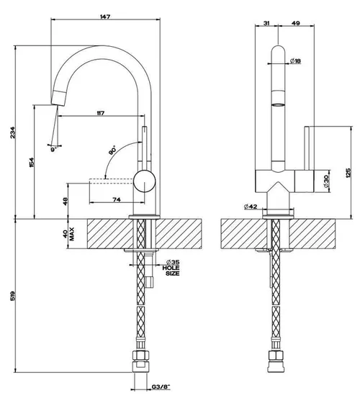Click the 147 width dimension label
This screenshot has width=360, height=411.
[x=105, y=17]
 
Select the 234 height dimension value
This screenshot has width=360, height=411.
[x=13, y=132]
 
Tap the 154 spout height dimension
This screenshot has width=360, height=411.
[x=32, y=163]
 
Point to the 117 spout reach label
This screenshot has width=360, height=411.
[x=101, y=113]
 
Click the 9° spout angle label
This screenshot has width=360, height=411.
[x=54, y=150]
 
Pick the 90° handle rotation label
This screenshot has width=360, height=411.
[x=112, y=150]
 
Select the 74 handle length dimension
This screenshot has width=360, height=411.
[x=117, y=199]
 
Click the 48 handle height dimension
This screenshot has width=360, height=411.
[x=65, y=202]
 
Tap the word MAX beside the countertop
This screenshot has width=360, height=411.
[x=72, y=234]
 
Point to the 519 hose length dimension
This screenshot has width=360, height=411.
[x=13, y=296]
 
